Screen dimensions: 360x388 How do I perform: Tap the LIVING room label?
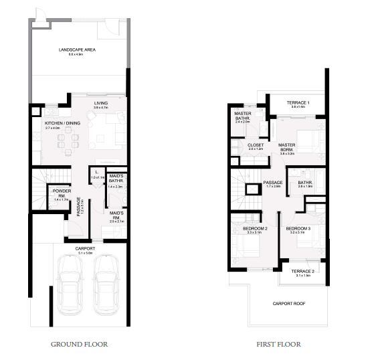[x=101, y=104]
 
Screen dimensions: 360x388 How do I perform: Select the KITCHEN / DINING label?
[x=62, y=124]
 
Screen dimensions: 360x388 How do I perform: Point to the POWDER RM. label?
[x=62, y=193]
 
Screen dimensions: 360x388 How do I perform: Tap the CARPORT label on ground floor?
[x=86, y=248]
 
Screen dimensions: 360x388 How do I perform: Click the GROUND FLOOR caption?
[x=80, y=345]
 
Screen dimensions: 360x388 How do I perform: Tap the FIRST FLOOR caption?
[x=278, y=345]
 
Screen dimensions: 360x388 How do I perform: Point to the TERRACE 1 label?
[x=296, y=103]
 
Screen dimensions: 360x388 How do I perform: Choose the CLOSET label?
[x=256, y=145]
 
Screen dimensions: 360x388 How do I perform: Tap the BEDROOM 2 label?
[x=256, y=230]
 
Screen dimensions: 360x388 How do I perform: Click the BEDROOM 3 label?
[x=298, y=230]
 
